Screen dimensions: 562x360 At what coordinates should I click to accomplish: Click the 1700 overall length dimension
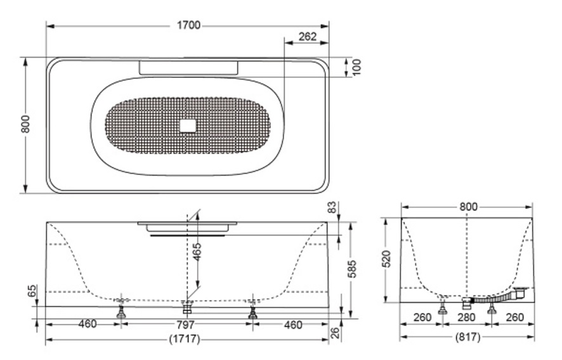(x=188, y=25)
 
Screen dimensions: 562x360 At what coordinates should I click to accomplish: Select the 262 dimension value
(x=308, y=37)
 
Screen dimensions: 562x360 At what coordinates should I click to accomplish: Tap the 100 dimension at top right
(x=357, y=67)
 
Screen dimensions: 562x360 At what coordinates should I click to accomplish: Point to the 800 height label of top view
(x=25, y=124)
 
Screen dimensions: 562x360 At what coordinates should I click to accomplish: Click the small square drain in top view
(x=188, y=125)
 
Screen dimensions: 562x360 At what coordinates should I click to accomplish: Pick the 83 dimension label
(x=333, y=207)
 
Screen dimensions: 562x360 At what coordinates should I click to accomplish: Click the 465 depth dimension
(x=197, y=252)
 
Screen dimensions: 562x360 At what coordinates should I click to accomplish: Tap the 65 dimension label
(x=32, y=291)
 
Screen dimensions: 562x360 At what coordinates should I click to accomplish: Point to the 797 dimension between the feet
(x=186, y=325)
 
